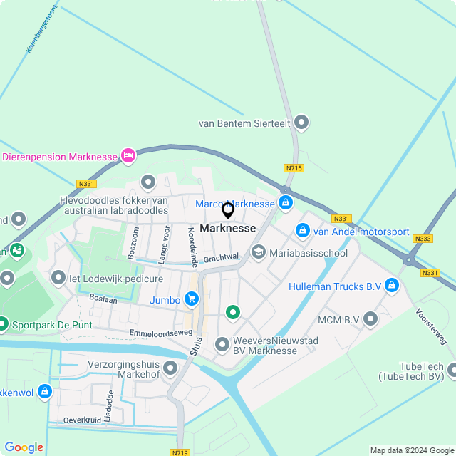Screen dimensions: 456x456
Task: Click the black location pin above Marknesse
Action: pyautogui.click(x=228, y=210)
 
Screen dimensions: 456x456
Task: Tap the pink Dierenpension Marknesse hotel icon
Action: pyautogui.click(x=128, y=155)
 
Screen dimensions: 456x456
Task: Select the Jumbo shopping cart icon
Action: pyautogui.click(x=191, y=300)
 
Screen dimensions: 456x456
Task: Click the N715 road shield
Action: pyautogui.click(x=294, y=168)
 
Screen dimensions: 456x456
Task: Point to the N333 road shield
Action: pyautogui.click(x=423, y=239)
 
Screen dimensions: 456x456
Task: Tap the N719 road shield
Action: pyautogui.click(x=180, y=452)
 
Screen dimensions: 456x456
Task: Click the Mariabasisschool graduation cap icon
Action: pyautogui.click(x=257, y=252)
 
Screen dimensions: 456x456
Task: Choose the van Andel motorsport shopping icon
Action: pyautogui.click(x=303, y=232)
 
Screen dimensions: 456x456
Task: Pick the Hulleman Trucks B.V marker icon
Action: pyautogui.click(x=391, y=286)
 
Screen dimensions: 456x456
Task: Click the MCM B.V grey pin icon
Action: pyautogui.click(x=370, y=318)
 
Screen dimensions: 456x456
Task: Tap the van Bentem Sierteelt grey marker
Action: pyautogui.click(x=301, y=123)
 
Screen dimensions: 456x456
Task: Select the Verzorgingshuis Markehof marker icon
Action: pyautogui.click(x=170, y=368)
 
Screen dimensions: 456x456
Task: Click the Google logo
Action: pyautogui.click(x=24, y=447)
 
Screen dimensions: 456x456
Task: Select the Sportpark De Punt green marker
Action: pyautogui.click(x=3, y=325)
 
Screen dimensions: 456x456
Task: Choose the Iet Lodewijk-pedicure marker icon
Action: pyautogui.click(x=58, y=276)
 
